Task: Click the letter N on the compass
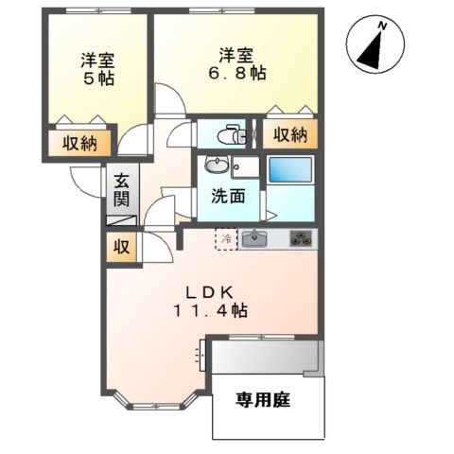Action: click(x=382, y=26)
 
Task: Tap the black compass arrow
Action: click(x=372, y=51)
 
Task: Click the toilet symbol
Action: click(x=231, y=135)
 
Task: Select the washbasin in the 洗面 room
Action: click(x=217, y=165)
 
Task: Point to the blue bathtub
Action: click(x=290, y=169)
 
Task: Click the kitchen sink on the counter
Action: click(x=254, y=238)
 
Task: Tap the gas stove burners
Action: click(x=301, y=238)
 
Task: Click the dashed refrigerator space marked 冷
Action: click(x=226, y=239)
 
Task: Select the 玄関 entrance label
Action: click(x=122, y=190)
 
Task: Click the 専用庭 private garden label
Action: click(x=263, y=400)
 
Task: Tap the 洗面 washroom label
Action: click(x=228, y=197)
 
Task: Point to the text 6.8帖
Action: click(x=236, y=74)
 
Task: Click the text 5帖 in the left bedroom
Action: click(x=98, y=79)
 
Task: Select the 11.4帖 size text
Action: click(x=210, y=311)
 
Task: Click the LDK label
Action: click(x=210, y=293)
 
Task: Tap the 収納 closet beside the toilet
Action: click(x=290, y=134)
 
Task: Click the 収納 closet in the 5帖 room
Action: click(x=79, y=143)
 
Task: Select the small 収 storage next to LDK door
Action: click(x=122, y=247)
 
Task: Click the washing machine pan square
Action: click(x=245, y=166)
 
